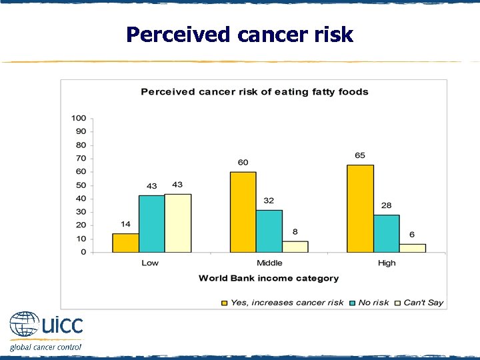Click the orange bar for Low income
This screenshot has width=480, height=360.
point(125,243)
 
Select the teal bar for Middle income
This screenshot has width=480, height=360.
point(269,231)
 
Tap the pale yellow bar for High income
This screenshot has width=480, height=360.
point(412,248)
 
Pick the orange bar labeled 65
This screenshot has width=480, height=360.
point(360,208)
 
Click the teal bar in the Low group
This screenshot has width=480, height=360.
point(151,223)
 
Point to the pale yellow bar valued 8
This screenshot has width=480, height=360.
point(295,247)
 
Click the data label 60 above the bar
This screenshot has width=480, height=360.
point(243,163)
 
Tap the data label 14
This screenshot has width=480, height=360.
point(125,225)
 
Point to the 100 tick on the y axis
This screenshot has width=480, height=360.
point(79,118)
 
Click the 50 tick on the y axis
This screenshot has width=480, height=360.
point(81,185)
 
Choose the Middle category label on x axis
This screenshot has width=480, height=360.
point(269,263)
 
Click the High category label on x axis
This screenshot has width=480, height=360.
point(387,263)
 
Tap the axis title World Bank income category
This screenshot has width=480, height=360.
point(269,278)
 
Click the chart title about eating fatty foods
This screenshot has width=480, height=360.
point(254,92)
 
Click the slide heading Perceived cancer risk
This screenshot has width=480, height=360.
point(239,34)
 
